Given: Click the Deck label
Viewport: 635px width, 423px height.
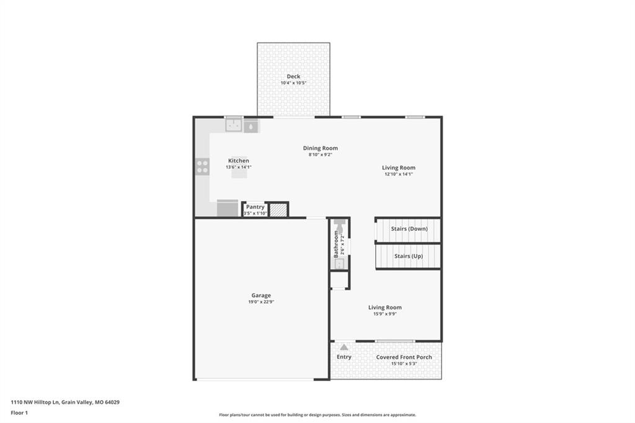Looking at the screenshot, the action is click(293, 76).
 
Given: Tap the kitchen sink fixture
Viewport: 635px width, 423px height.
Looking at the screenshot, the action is click(234, 125).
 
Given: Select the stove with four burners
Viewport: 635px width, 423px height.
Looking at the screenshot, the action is click(203, 166).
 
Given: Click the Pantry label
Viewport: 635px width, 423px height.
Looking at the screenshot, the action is click(255, 207).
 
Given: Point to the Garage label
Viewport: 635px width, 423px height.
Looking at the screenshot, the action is click(261, 295).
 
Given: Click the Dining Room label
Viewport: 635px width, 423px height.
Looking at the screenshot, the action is click(321, 148).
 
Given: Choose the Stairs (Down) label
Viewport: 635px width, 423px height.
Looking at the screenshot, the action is click(409, 228).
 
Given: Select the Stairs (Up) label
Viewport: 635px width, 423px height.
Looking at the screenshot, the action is click(409, 256).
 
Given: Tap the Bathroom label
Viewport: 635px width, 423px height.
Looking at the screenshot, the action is click(335, 244).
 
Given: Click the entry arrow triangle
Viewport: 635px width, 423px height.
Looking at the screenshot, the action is click(344, 347).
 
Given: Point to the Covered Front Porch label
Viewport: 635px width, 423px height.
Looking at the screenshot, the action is click(404, 357).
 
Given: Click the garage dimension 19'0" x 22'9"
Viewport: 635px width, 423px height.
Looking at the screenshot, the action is click(261, 302).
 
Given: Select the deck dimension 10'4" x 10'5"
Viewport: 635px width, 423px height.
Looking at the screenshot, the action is click(293, 83).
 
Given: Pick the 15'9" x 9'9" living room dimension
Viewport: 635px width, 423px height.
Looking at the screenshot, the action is click(384, 314).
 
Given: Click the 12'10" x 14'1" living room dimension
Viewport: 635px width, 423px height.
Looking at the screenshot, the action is click(399, 174).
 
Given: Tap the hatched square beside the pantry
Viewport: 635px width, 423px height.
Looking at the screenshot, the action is click(278, 210).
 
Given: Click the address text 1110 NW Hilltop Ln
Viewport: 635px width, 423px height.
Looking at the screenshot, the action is click(35, 403).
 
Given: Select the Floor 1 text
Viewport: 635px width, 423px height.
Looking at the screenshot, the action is click(19, 413).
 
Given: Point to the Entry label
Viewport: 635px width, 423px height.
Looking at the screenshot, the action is click(344, 357).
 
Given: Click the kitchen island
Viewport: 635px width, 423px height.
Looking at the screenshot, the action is click(239, 174).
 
